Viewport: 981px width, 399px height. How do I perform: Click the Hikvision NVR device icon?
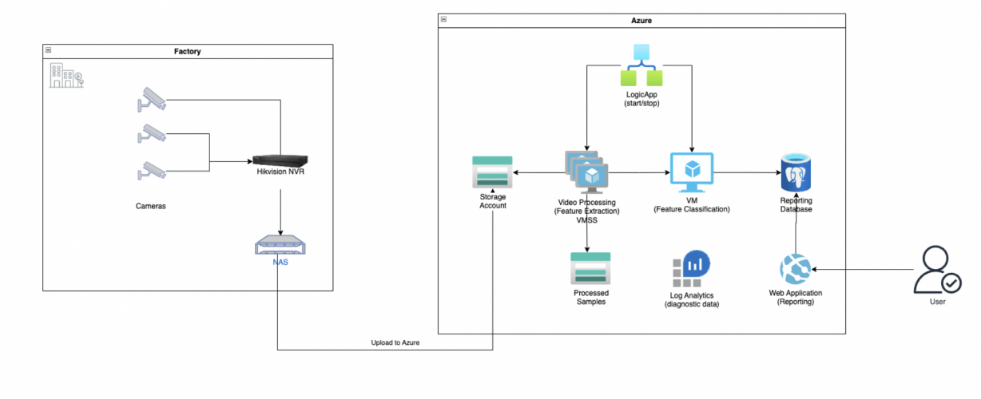(279, 160)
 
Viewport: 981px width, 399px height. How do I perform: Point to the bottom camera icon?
(151, 170)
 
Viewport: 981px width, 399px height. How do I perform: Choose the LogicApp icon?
(642, 66)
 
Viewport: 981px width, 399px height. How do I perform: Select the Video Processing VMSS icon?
(587, 172)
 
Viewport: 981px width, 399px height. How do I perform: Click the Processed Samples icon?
(590, 269)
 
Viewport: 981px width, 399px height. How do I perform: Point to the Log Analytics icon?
(691, 270)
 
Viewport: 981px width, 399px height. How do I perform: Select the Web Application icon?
(795, 270)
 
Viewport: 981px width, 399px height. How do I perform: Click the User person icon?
(936, 271)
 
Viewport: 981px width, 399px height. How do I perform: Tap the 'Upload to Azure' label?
(395, 342)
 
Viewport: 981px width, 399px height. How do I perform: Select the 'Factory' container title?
(188, 51)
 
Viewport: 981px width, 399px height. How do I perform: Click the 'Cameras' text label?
(151, 206)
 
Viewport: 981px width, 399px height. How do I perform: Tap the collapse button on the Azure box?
(444, 19)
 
